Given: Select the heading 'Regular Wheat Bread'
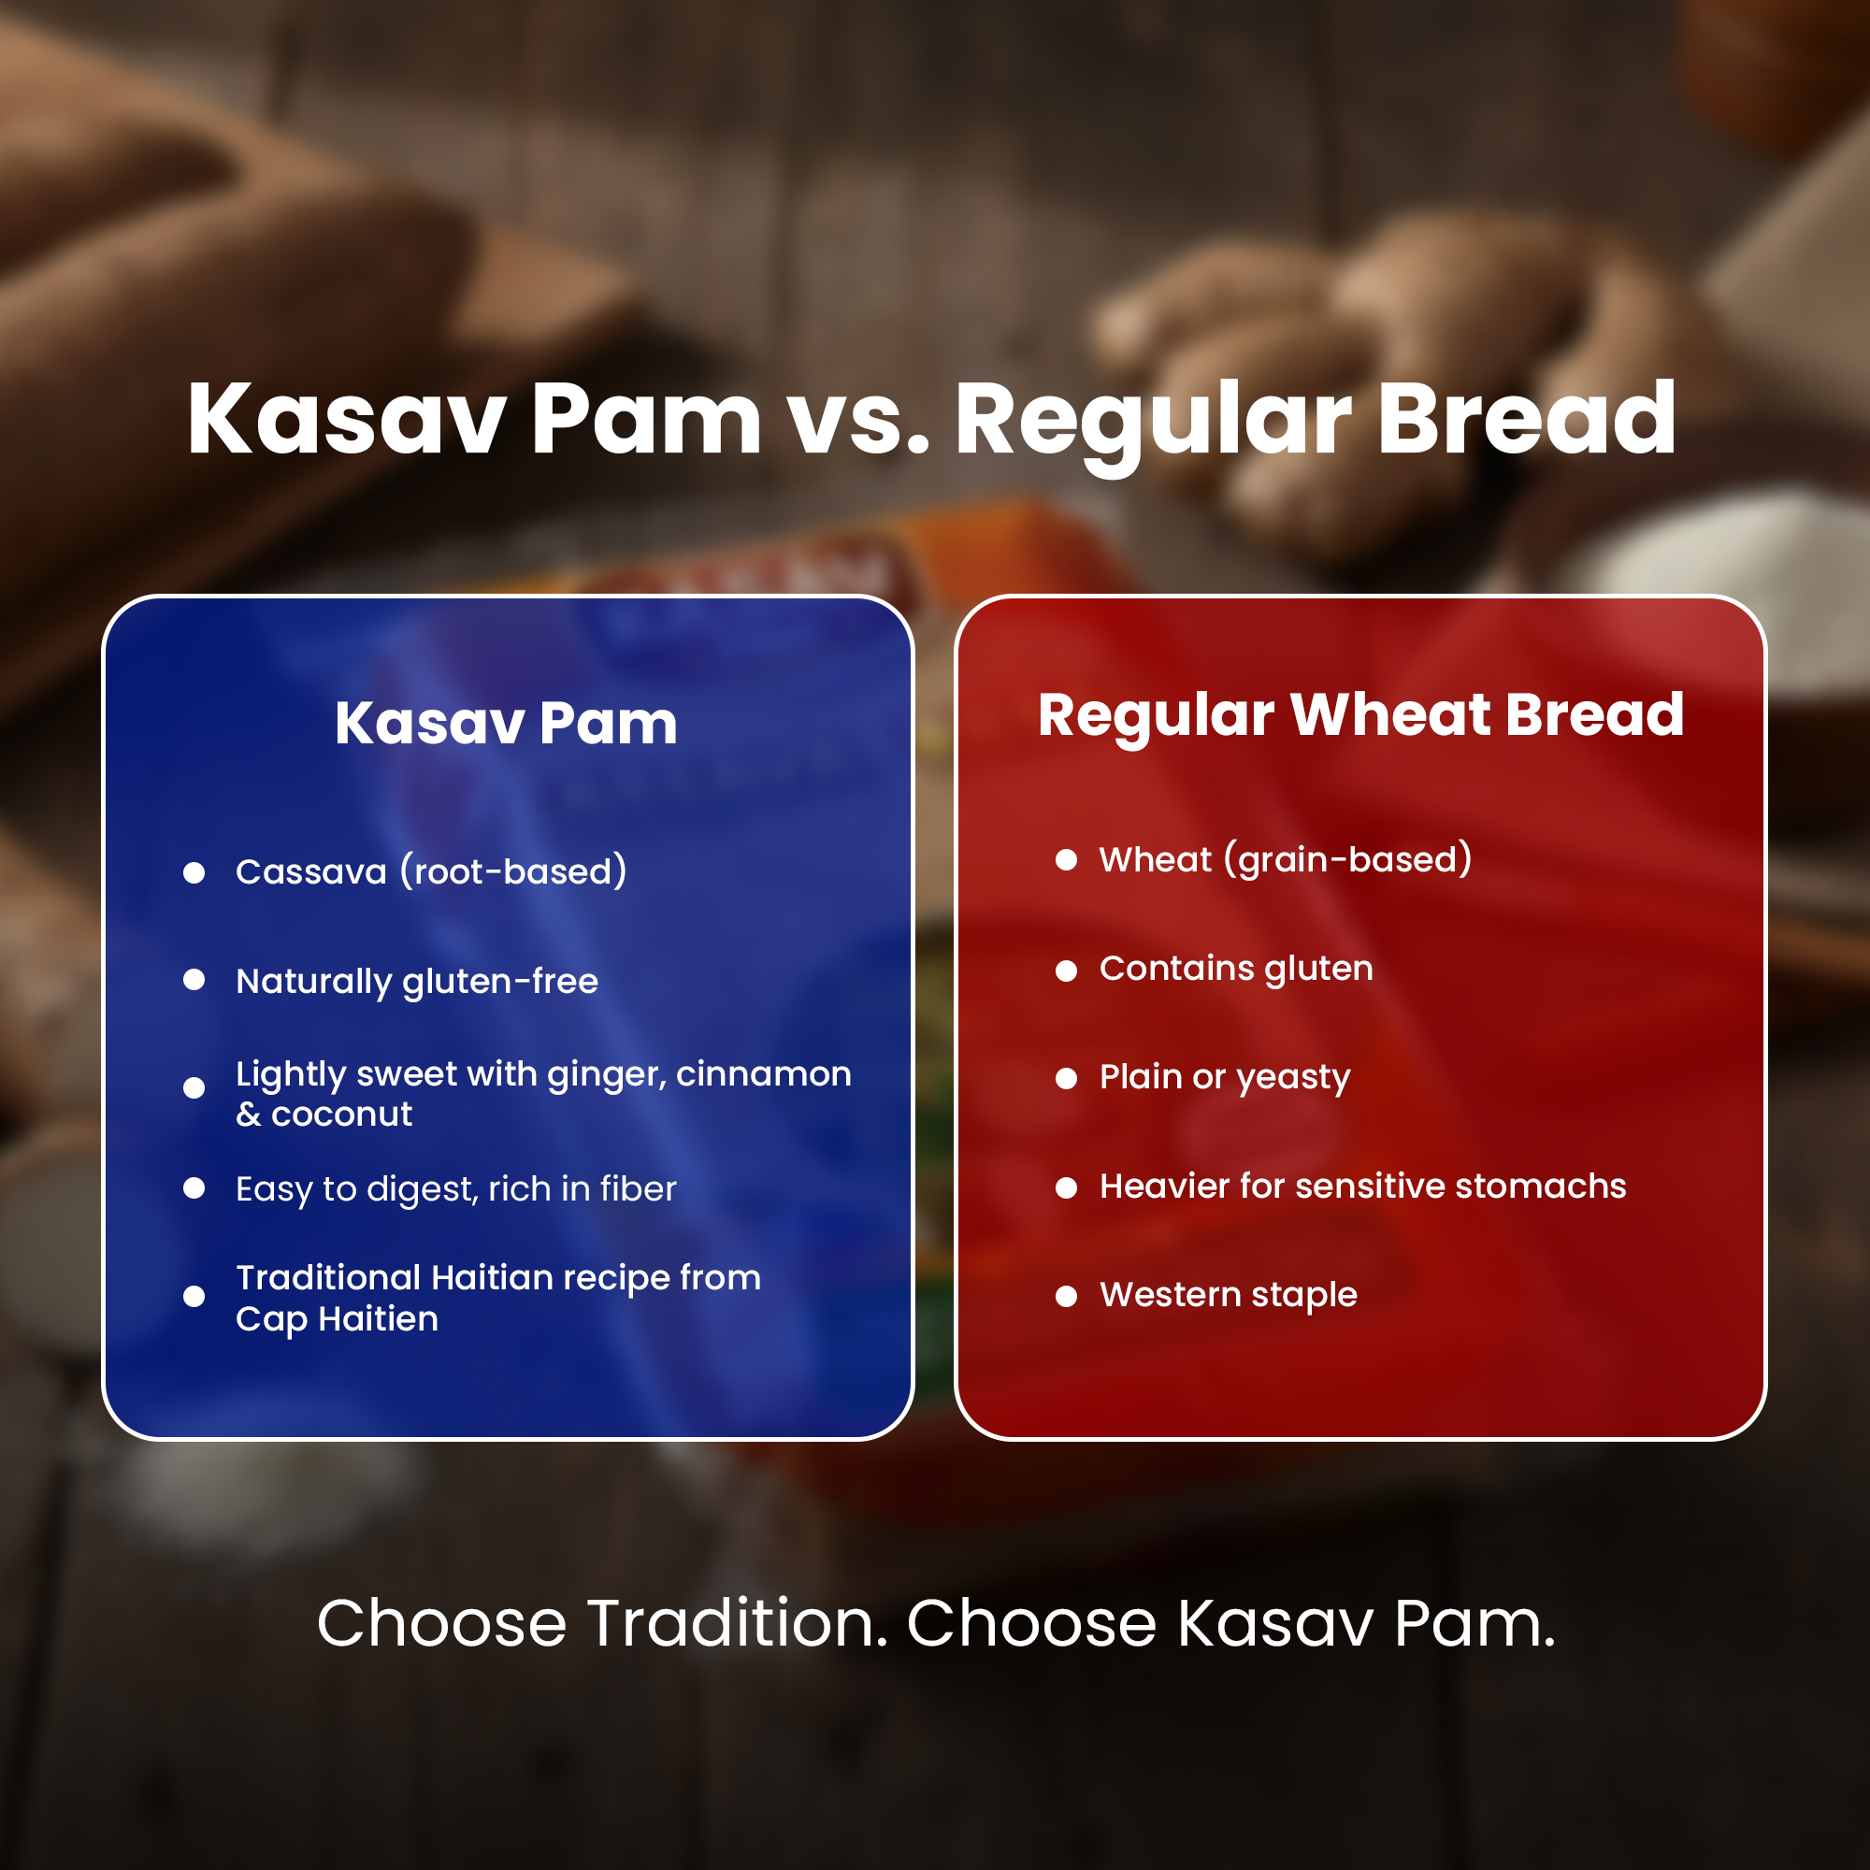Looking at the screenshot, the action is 1360,716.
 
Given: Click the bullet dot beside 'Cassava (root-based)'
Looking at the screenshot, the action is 194,872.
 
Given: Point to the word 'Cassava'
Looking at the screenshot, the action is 310,872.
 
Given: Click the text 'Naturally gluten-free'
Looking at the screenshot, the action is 417,982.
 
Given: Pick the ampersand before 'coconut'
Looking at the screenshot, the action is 249,1115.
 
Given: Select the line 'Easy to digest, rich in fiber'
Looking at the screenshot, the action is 456,1189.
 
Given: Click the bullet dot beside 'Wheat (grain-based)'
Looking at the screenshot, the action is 1066,859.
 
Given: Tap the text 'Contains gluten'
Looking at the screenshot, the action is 1236,969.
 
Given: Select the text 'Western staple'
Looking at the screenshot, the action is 1229,1295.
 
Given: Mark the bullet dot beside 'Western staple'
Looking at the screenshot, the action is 1066,1296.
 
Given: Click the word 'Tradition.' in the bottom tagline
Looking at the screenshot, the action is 738,1622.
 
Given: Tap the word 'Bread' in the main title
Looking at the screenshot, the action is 1528,419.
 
